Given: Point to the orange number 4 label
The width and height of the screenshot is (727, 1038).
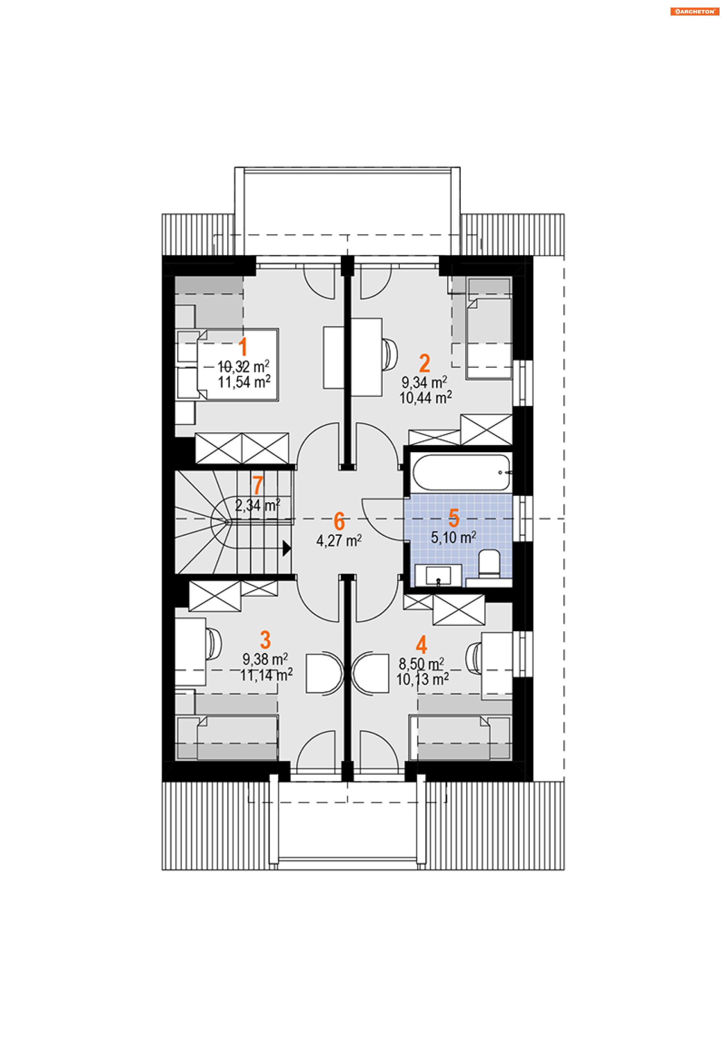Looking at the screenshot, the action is [421, 645].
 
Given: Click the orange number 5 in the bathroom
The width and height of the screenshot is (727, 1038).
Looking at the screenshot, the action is [454, 518].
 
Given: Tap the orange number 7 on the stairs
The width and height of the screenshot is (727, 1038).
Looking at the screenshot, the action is [258, 485].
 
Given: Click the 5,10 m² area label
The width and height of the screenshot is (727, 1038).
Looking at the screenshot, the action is [453, 537].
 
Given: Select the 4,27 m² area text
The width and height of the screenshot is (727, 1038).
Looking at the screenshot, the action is [339, 541].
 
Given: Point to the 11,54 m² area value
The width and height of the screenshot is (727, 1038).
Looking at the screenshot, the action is [244, 382].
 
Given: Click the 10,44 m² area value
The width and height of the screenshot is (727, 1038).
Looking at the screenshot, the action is [426, 398].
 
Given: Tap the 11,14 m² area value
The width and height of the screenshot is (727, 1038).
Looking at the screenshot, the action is [267, 675].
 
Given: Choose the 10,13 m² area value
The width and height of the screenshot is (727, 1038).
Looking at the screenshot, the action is [423, 680].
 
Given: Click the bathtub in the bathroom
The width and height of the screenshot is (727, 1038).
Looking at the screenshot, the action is [462, 472].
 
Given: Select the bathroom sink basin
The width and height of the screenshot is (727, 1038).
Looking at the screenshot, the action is [438, 576].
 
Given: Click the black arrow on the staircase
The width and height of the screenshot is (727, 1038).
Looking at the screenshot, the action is [287, 548].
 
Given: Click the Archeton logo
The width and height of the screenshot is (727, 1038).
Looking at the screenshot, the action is [694, 11].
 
